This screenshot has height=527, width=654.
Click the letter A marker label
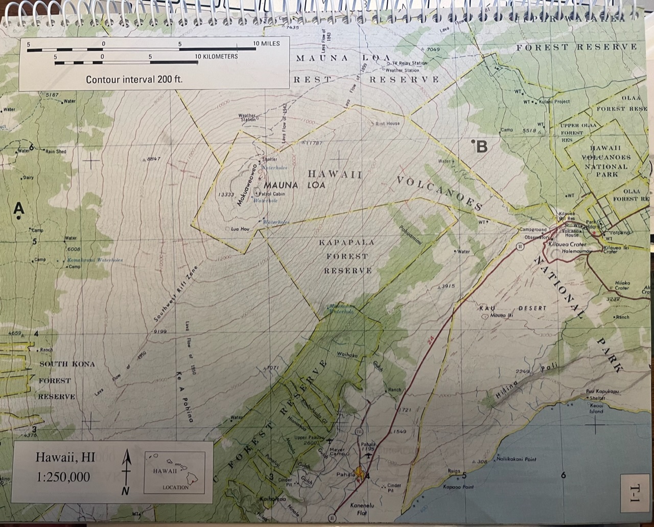pos(18,208)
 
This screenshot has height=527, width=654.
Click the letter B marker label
pos(481,147)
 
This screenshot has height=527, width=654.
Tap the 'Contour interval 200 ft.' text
pos(134,80)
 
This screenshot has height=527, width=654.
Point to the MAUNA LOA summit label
pos(294,184)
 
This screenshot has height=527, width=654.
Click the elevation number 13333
pos(226,195)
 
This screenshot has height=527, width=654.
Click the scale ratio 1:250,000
pos(63,477)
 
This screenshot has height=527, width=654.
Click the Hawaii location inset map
pos(175,472)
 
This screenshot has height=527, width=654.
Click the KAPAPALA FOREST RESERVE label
pos(347,256)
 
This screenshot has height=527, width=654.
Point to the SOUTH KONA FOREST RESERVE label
pos(62,380)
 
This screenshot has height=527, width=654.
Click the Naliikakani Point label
pos(516,459)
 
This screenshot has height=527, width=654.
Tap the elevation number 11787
pos(313,143)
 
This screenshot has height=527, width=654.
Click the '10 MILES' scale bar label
pos(266,44)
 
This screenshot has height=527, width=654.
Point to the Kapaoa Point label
pos(458,487)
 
